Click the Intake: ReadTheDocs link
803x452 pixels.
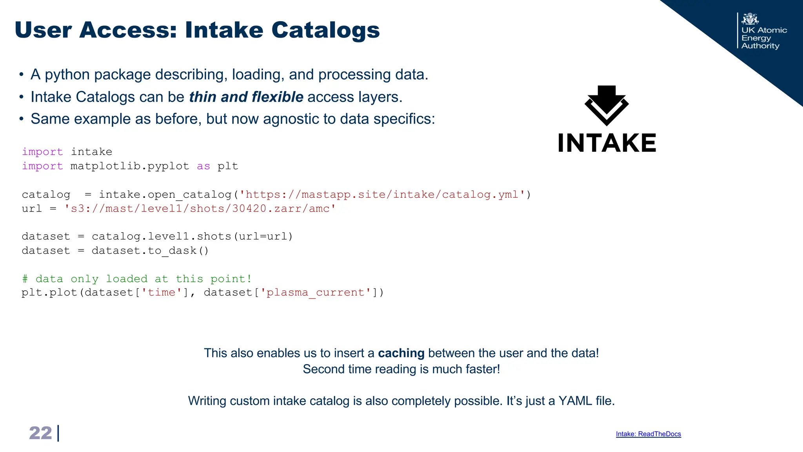648,434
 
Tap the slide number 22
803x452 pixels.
40,433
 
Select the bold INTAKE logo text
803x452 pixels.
607,143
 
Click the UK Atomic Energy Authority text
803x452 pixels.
763,38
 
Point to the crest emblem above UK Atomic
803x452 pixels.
750,19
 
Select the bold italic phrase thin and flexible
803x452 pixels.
246,97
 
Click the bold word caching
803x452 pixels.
401,353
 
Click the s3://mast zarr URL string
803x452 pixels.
200,209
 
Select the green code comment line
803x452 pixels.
137,279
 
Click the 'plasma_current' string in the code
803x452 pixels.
316,293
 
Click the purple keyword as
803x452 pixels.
203,166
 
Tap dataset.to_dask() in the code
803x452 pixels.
150,251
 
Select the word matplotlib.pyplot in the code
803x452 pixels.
130,166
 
